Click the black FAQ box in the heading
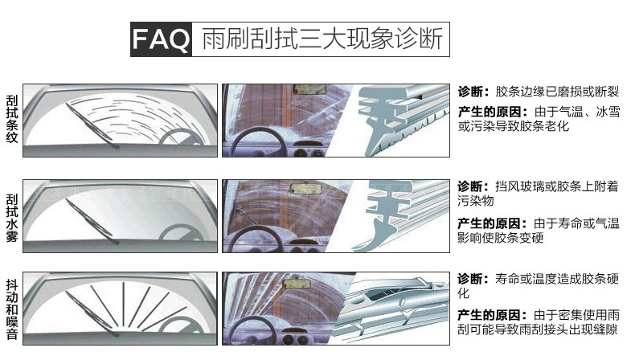[x=162, y=39]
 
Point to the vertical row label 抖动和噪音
[x=11, y=309]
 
